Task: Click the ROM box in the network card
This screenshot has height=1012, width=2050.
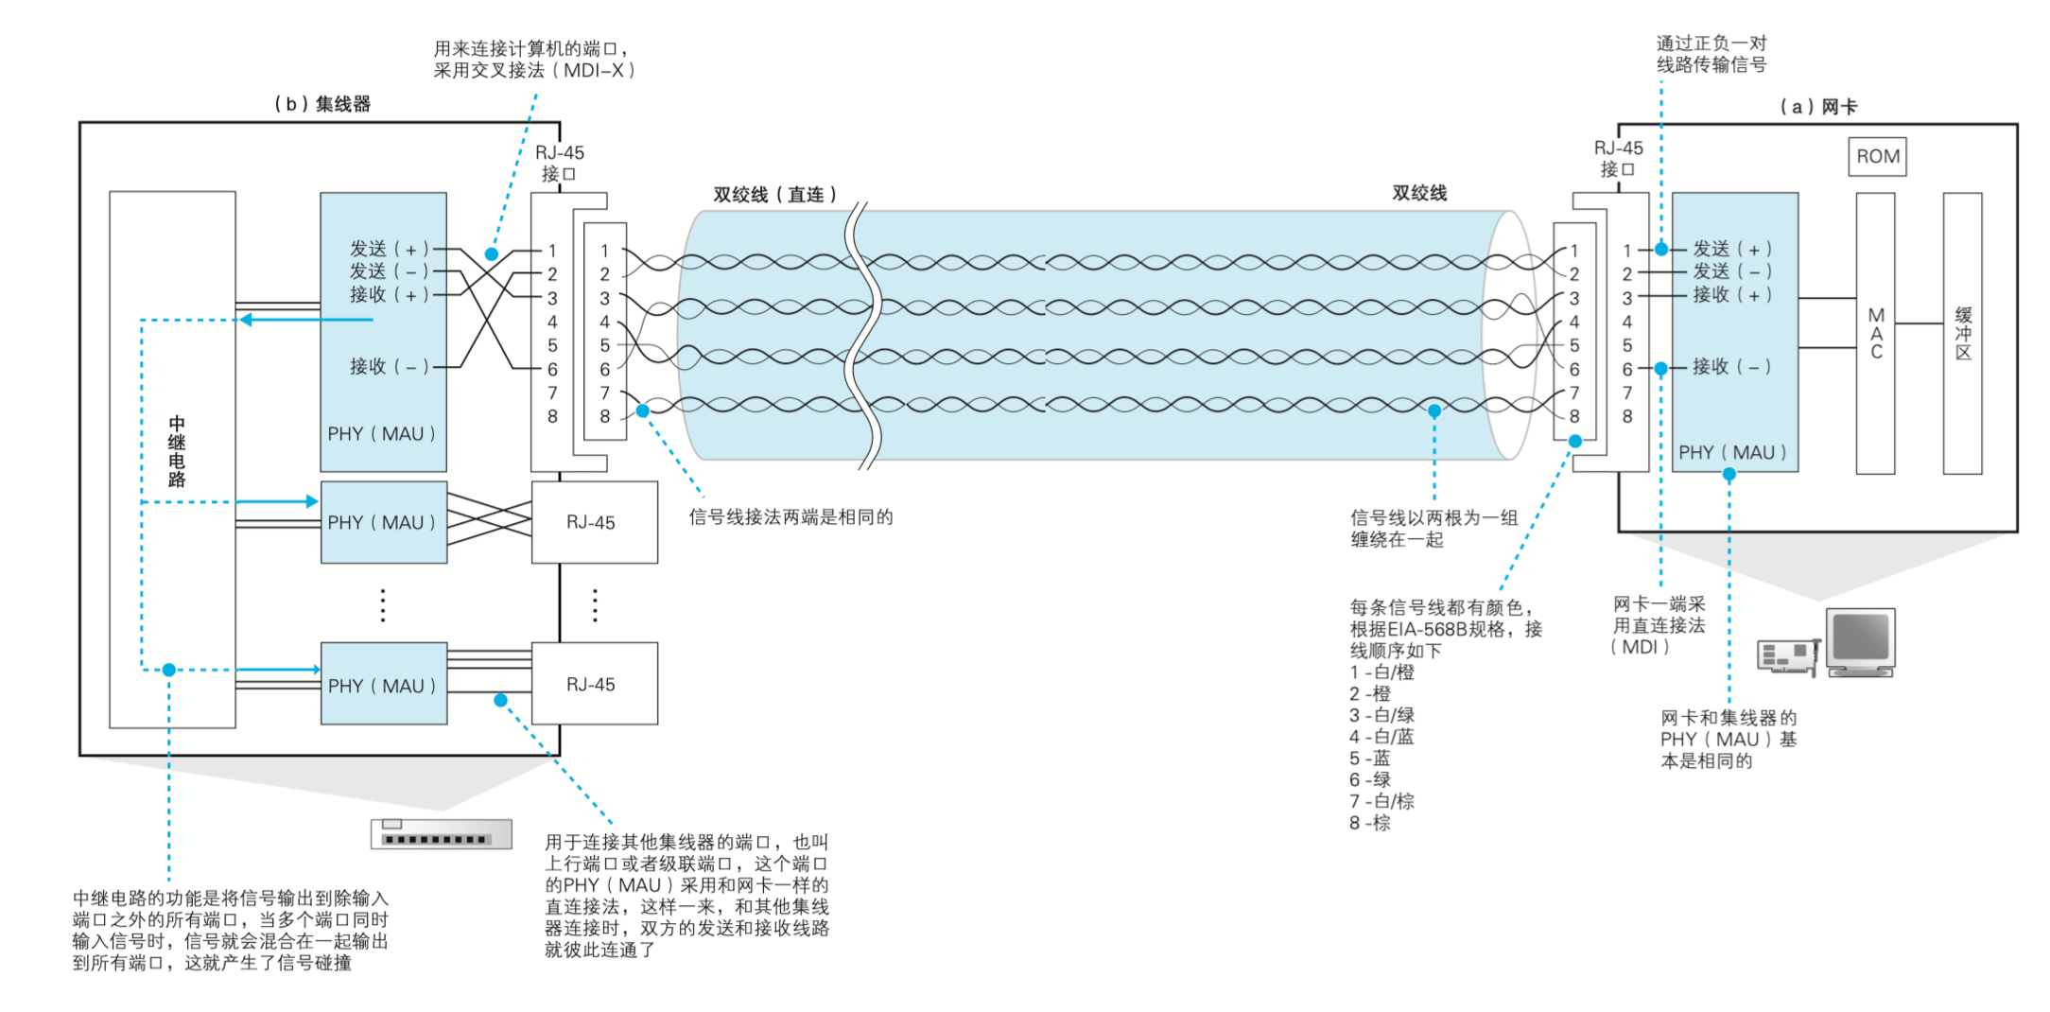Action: pos(1877,157)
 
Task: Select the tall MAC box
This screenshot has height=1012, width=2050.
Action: pos(1875,333)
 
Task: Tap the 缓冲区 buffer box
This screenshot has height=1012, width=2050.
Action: pos(1962,333)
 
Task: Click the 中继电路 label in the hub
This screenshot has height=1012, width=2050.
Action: pos(177,451)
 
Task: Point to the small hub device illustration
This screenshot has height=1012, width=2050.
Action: pos(442,833)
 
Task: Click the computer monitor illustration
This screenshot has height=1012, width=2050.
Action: pos(1860,642)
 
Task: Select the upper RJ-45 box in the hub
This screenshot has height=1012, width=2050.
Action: pos(594,522)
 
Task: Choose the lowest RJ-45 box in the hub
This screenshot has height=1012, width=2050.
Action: pos(594,684)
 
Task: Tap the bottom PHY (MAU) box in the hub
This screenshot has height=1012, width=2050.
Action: pos(383,684)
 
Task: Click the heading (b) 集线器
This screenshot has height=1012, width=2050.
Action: pos(321,104)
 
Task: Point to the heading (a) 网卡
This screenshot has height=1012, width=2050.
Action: pos(1817,107)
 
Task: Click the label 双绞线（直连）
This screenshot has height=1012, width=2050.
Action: pos(775,195)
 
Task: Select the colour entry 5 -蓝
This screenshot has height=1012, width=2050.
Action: pos(1370,759)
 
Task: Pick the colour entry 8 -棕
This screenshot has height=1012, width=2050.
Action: pos(1370,823)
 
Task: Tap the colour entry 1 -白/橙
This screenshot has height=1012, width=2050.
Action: pos(1381,672)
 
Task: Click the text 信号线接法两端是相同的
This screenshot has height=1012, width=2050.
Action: pos(790,517)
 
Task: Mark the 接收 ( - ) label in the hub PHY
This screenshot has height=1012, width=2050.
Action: pos(390,366)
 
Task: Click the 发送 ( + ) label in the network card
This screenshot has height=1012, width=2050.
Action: pos(1732,249)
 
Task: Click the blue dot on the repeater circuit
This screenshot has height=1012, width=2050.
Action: pos(169,670)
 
